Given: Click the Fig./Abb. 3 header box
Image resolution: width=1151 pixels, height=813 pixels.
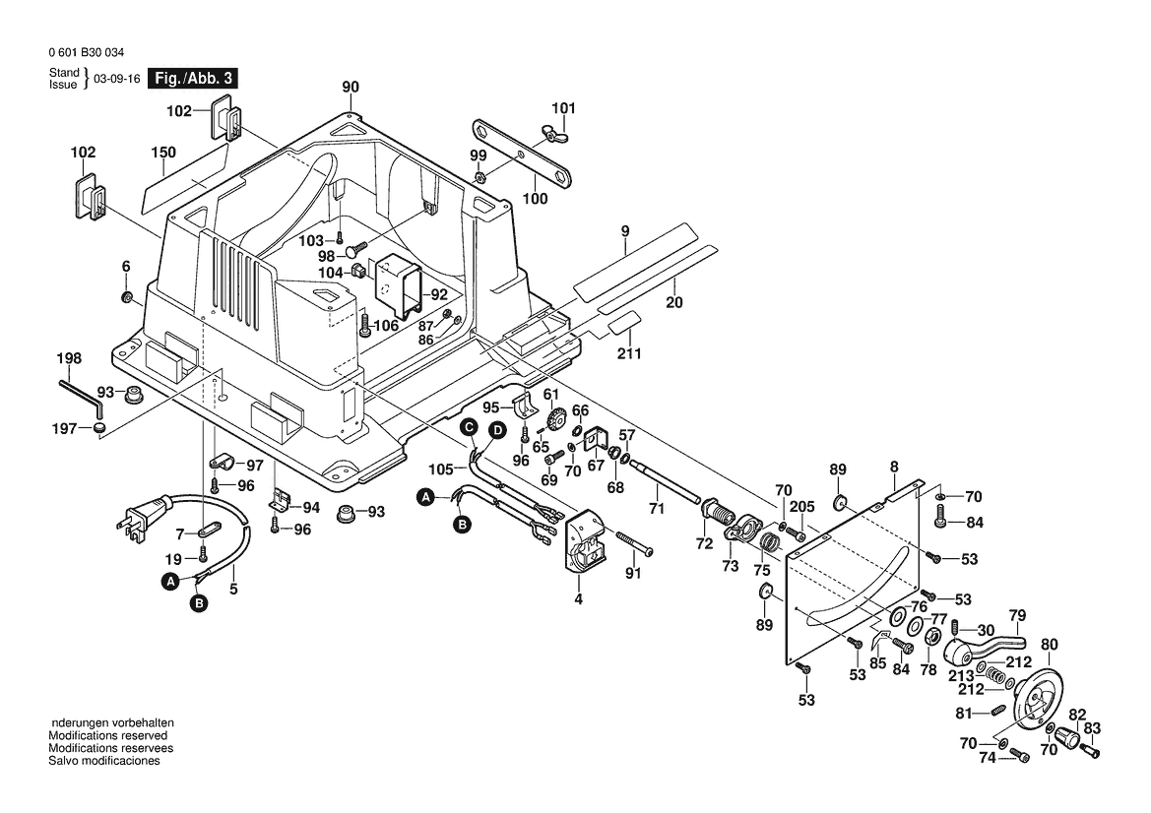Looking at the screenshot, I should (x=192, y=79).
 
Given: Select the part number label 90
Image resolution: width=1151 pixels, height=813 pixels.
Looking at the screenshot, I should (x=351, y=87).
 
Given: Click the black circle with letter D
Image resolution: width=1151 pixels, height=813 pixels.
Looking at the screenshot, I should (x=498, y=430).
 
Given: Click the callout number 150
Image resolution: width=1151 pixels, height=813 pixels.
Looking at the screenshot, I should (x=163, y=153).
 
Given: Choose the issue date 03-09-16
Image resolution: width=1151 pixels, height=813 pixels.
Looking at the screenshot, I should (x=117, y=80).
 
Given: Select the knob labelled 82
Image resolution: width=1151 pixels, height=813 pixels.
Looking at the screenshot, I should (x=1067, y=735).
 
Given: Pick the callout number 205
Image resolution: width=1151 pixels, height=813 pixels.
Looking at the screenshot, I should (x=803, y=506).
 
